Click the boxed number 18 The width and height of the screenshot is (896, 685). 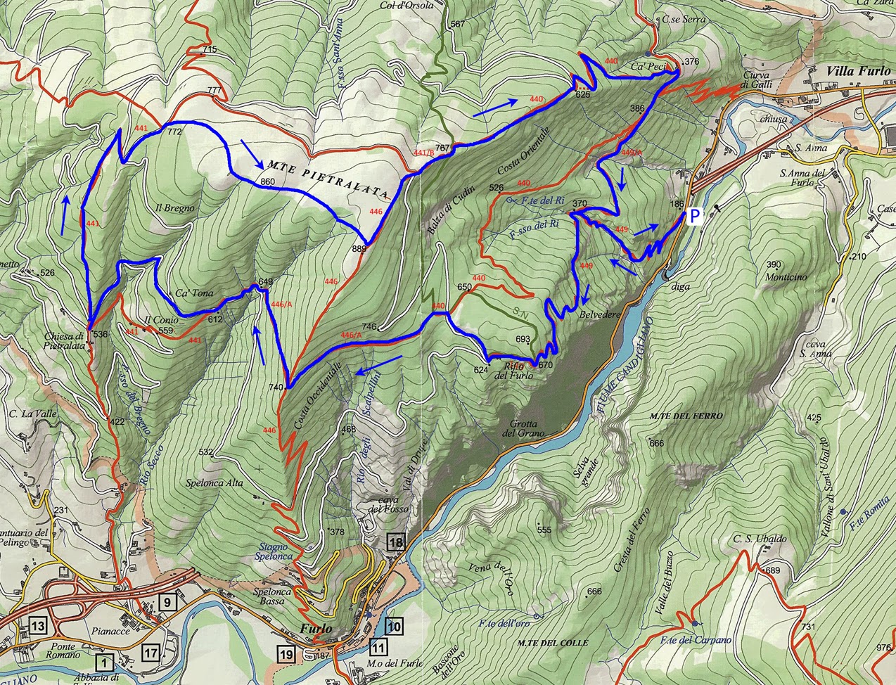tap(397, 542)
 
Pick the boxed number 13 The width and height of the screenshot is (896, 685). tap(38, 625)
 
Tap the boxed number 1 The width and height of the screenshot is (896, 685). tap(105, 662)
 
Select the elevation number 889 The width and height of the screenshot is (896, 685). tap(359, 248)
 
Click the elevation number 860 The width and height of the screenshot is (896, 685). tap(267, 182)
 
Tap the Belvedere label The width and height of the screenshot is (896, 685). tap(600, 315)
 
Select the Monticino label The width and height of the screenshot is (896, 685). tap(786, 277)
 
